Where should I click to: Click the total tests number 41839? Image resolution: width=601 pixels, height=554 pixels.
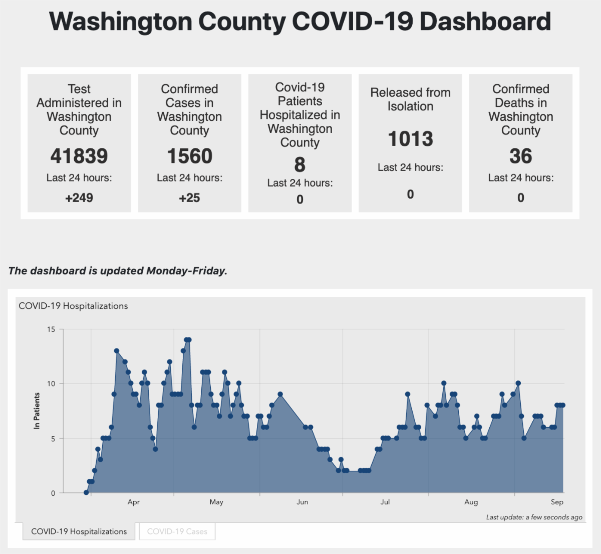click(x=79, y=156)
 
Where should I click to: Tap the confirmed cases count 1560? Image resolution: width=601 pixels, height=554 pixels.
click(x=189, y=156)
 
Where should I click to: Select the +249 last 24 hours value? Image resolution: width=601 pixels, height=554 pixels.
click(x=79, y=198)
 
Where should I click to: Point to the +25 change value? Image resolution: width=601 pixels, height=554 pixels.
click(x=189, y=198)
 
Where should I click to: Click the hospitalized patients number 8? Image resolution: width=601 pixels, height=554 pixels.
click(x=299, y=164)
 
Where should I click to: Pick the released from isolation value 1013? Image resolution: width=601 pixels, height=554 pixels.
click(x=410, y=139)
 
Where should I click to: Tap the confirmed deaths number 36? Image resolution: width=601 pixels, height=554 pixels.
click(x=520, y=156)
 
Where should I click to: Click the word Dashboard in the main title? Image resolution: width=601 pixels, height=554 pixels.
click(x=485, y=22)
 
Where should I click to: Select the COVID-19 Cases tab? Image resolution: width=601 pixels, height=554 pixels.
click(x=177, y=531)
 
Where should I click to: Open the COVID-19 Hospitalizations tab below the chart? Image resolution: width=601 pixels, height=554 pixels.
click(x=79, y=531)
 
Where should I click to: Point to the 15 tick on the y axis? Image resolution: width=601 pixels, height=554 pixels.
click(x=51, y=329)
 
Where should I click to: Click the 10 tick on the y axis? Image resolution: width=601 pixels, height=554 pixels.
click(x=51, y=384)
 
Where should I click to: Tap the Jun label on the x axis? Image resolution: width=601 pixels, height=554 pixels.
click(x=302, y=502)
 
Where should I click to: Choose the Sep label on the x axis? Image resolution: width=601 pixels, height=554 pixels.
click(x=557, y=502)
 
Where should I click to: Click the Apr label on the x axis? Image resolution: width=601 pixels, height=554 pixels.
click(x=133, y=502)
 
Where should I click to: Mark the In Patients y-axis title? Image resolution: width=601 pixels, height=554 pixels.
click(x=37, y=411)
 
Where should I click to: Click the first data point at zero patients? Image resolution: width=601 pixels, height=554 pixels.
click(x=86, y=493)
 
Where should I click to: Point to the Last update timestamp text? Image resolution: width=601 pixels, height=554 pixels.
click(x=534, y=517)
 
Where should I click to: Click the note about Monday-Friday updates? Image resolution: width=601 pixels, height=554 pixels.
click(x=118, y=271)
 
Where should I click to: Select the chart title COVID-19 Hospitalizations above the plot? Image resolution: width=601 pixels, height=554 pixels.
click(x=73, y=306)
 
